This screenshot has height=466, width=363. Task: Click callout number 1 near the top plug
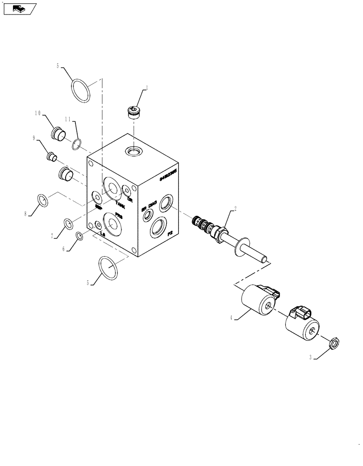(x=147, y=87)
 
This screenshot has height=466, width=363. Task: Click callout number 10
(x=38, y=113)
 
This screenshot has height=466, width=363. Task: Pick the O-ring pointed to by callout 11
(x=78, y=144)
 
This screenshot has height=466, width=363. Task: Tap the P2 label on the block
(x=170, y=232)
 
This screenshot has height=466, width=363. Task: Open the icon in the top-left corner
(x=19, y=8)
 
